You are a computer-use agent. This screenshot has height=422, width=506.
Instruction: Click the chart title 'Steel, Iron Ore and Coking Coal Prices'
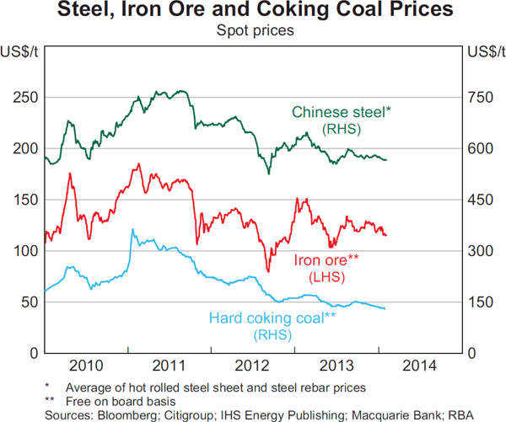click(x=253, y=12)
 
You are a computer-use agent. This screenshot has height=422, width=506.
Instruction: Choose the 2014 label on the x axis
click(x=418, y=366)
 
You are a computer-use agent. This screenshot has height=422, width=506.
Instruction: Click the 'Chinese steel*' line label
click(x=342, y=112)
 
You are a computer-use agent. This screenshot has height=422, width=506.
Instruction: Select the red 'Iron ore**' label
click(x=325, y=259)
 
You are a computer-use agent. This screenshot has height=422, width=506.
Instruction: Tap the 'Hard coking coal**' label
click(x=272, y=318)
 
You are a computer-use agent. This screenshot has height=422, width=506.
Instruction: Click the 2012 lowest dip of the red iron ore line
click(x=268, y=271)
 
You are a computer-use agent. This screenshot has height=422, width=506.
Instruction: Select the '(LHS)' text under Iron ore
click(x=325, y=275)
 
